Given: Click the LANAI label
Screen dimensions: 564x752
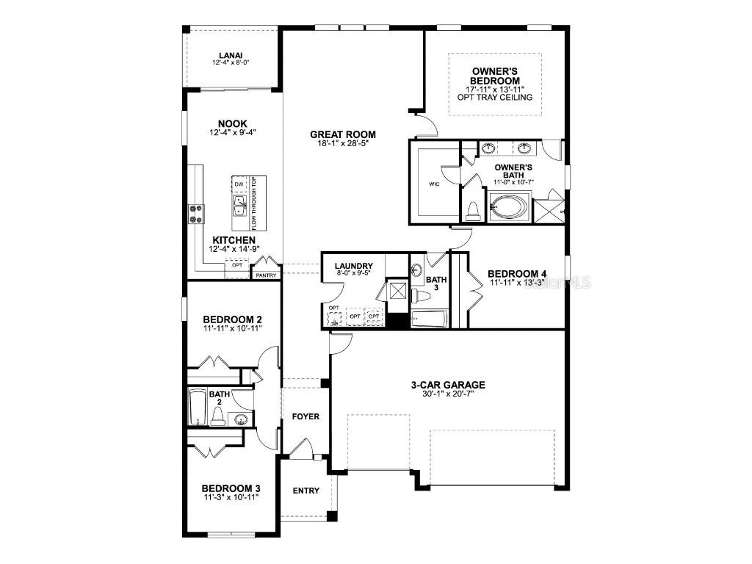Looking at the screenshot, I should (x=231, y=55).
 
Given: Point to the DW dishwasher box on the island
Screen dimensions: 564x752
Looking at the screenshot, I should (x=239, y=184).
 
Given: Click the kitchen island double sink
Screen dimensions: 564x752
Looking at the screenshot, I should (x=239, y=205).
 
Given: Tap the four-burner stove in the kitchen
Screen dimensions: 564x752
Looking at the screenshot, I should (x=196, y=213).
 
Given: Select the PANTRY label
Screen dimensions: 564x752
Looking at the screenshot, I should (x=265, y=275).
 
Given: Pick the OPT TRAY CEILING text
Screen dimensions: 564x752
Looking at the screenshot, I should (x=495, y=97).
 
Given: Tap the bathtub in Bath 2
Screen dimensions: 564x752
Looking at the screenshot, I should (x=198, y=407).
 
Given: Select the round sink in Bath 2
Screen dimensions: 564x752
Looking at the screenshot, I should (x=240, y=419).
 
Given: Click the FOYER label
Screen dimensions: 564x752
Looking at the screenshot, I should (x=305, y=416).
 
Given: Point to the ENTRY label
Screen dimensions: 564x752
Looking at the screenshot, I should (x=305, y=491).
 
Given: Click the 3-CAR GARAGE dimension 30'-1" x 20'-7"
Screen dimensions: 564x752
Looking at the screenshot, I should (x=447, y=394).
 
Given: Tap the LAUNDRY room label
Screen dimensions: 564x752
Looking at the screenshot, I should (x=353, y=266).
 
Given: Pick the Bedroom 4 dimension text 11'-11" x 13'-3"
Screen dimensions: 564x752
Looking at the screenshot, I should (x=517, y=283).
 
